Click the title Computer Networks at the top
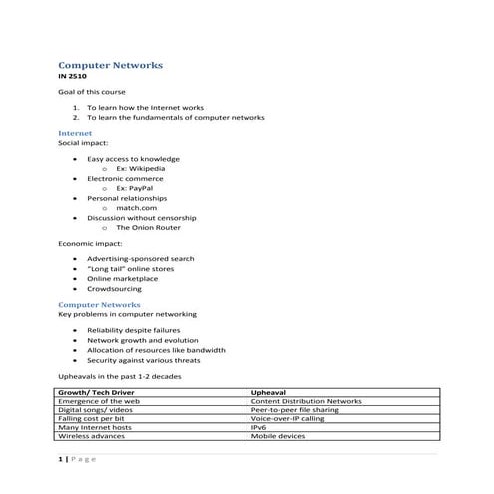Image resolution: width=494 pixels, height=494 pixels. (111, 65)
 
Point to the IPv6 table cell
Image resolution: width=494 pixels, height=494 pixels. (261, 428)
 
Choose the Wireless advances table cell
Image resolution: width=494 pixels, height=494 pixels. (93, 437)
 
